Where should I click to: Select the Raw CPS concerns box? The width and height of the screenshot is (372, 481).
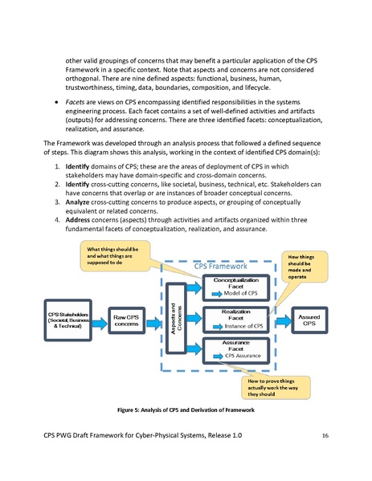click(124, 320)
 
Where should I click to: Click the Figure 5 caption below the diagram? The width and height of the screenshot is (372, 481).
click(185, 410)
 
